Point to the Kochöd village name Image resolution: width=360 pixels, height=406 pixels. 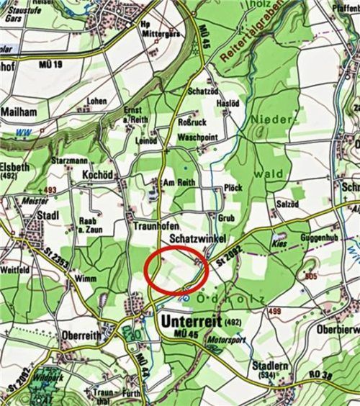coord(99,175)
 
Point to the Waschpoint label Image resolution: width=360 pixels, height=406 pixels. coord(197,136)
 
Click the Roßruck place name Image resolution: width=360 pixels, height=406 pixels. coord(192,122)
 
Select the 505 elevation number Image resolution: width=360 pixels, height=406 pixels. coord(311,276)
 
